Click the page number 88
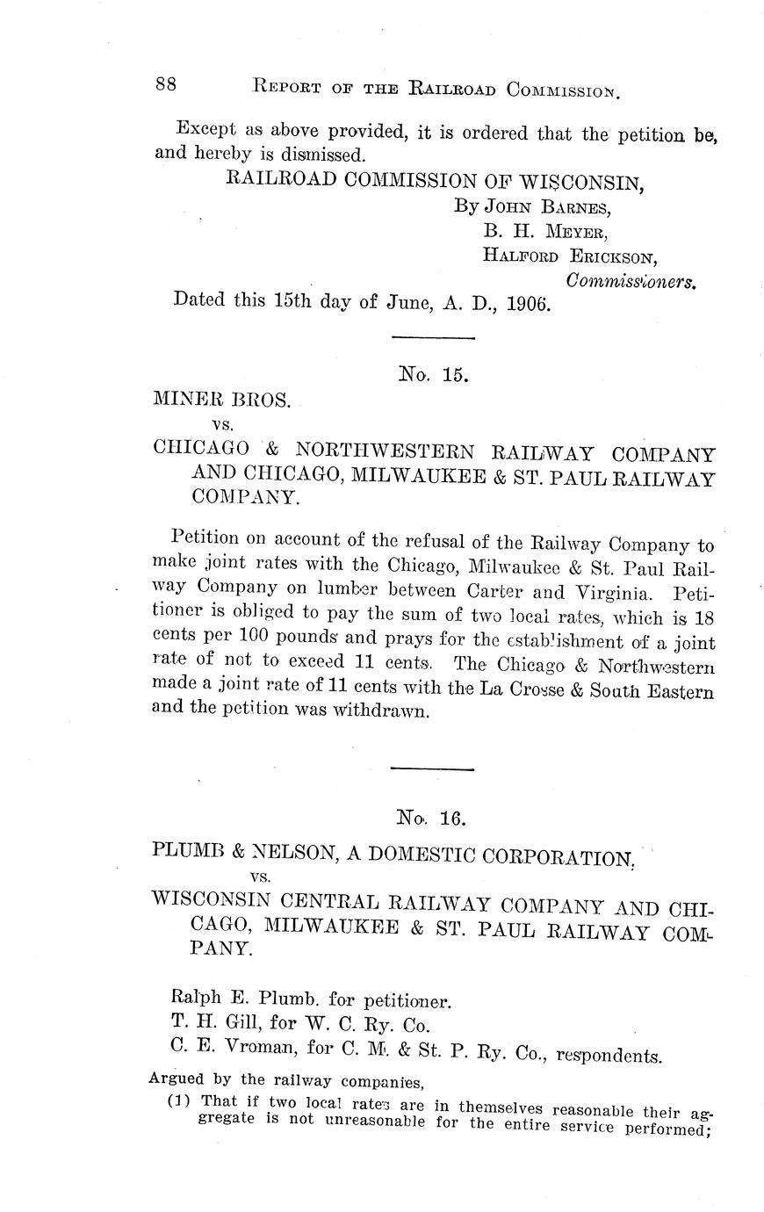(167, 84)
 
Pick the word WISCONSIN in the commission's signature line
(580, 183)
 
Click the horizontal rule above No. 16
(432, 769)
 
